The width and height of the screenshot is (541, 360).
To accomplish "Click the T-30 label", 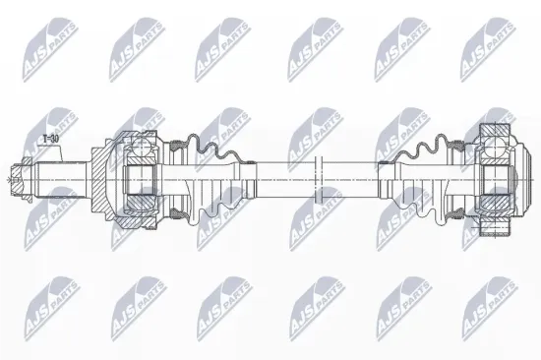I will [x=49, y=141].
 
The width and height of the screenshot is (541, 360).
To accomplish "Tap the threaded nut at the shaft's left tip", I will [x=15, y=179].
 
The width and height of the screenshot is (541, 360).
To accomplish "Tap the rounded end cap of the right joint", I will [x=518, y=179].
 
